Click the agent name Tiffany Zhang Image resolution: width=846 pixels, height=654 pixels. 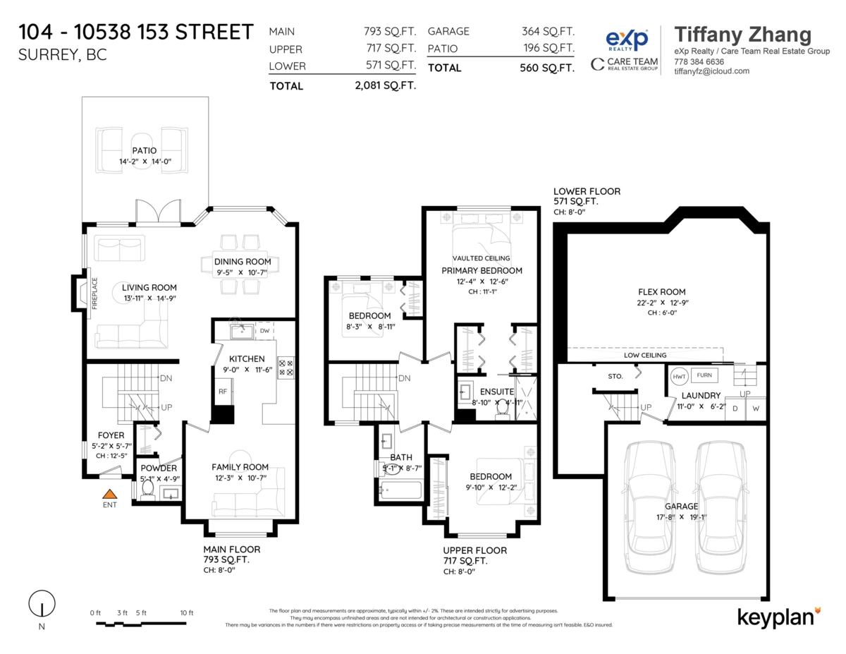742,35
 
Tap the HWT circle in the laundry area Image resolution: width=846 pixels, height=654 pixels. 679,376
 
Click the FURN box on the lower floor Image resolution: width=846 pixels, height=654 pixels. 704,375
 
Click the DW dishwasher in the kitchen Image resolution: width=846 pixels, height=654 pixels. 264,330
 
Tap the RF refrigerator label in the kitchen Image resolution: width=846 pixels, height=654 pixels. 222,390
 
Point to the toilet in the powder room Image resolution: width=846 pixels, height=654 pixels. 148,490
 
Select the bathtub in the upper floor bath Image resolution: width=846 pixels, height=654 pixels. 400,490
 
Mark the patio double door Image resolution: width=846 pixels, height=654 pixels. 153,212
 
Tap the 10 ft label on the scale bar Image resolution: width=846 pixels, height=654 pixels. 186,612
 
